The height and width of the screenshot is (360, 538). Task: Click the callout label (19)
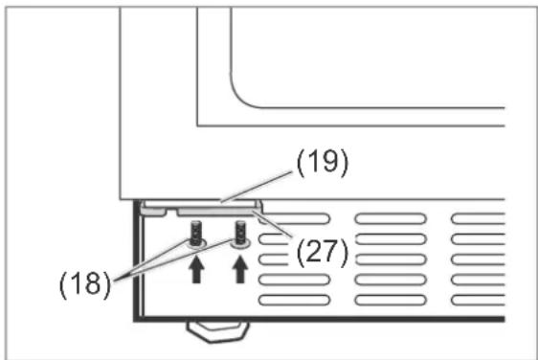[323, 163]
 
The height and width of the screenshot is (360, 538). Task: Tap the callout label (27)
[323, 253]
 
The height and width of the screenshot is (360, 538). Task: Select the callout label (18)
[85, 284]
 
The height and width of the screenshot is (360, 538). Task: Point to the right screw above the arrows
[240, 234]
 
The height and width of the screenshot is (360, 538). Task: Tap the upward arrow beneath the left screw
[196, 270]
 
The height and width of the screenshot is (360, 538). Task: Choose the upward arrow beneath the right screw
[240, 270]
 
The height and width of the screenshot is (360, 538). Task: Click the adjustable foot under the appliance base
[217, 331]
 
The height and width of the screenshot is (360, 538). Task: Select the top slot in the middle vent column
[391, 218]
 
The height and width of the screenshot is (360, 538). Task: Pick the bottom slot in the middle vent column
[391, 301]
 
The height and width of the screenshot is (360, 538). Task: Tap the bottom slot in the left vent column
[294, 301]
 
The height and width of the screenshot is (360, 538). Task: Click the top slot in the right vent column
[479, 218]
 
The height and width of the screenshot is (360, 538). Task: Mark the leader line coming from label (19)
[258, 187]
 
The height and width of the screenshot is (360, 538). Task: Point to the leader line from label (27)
[273, 224]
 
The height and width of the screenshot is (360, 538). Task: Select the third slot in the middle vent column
[391, 259]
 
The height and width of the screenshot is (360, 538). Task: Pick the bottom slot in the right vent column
[479, 301]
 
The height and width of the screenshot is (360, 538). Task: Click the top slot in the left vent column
[294, 218]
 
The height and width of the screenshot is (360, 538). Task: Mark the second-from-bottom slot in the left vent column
[294, 280]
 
